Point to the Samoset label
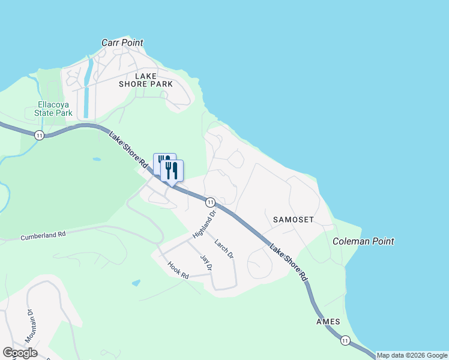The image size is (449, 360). (294, 220)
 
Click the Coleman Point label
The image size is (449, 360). (363, 241)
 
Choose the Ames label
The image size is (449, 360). (328, 322)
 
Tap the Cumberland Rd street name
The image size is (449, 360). (43, 236)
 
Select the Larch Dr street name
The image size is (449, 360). (223, 249)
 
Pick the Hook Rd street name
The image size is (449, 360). (178, 270)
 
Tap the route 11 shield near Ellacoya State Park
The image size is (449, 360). (39, 135)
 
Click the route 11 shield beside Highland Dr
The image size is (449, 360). (210, 202)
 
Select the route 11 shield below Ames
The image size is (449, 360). (345, 341)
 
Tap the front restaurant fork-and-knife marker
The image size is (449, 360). (172, 170)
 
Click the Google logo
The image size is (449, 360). (20, 353)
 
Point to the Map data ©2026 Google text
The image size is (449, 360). (412, 355)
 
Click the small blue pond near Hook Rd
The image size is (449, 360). (136, 283)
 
